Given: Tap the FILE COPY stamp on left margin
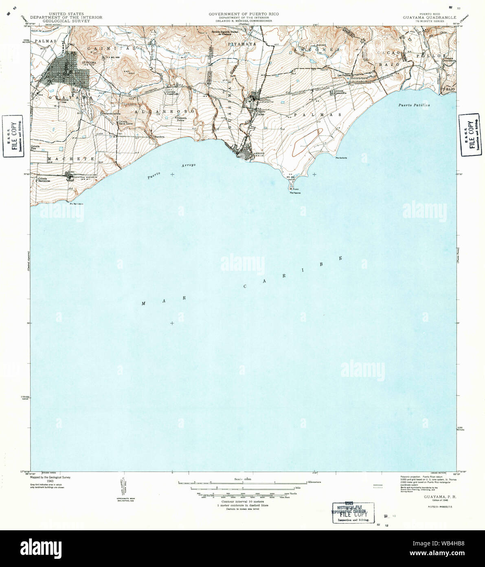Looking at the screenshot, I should (x=15, y=136).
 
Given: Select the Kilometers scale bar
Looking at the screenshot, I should (x=242, y=483).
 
